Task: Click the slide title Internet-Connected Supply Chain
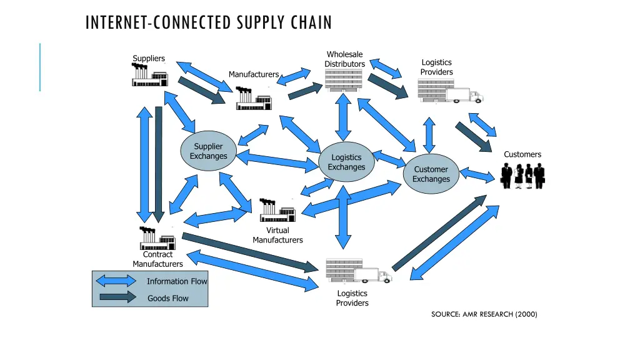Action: click(208, 23)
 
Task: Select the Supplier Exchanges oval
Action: click(208, 151)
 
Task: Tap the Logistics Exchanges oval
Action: click(346, 162)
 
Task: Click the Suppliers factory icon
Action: click(149, 76)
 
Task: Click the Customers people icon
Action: click(522, 176)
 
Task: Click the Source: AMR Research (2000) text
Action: click(484, 314)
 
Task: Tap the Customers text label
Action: click(522, 154)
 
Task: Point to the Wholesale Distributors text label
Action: click(344, 59)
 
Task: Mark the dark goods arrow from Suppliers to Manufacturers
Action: click(202, 91)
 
